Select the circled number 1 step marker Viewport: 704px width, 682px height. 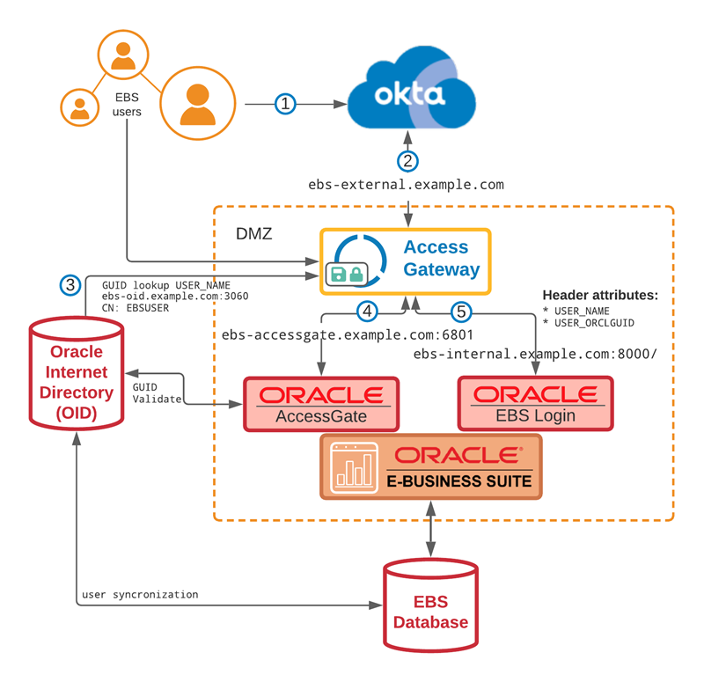pos(284,104)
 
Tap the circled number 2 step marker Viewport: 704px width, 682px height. pos(407,161)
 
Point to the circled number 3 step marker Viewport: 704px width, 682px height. pos(70,284)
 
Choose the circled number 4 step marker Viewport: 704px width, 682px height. pos(368,311)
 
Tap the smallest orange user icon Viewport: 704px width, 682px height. pos(79,107)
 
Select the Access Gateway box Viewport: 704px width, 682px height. pos(405,260)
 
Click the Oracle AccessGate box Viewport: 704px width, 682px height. pos(321,404)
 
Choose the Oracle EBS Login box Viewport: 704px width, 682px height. pos(535,404)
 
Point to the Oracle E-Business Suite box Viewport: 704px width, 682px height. pos(430,466)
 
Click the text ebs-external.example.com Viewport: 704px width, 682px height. pos(406,185)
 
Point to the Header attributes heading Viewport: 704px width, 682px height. pos(600,295)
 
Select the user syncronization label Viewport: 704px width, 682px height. pos(140,594)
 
